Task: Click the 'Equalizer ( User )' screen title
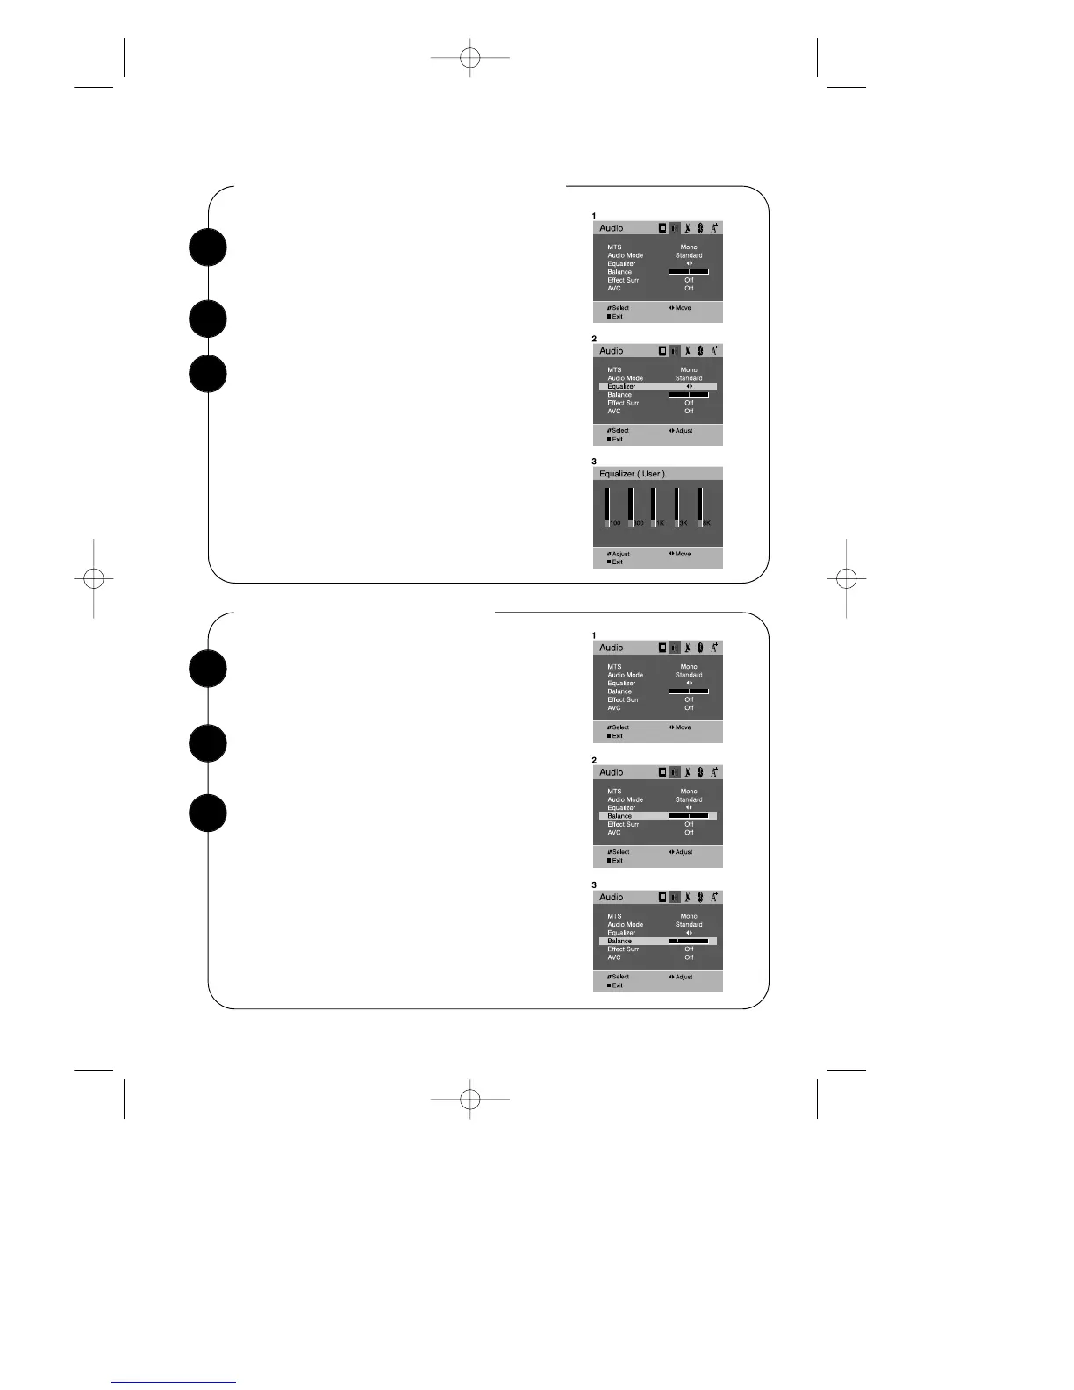(x=632, y=474)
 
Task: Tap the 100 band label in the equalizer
(x=615, y=523)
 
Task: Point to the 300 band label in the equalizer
(x=639, y=523)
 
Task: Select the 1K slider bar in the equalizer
(x=653, y=506)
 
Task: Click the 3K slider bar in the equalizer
(x=677, y=506)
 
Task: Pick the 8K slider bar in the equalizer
(x=700, y=506)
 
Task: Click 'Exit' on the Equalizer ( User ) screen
(x=617, y=562)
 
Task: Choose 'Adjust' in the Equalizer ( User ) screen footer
(x=620, y=554)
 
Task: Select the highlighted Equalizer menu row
(x=657, y=386)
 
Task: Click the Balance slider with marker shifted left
(x=689, y=941)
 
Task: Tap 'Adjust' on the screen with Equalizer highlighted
(x=684, y=431)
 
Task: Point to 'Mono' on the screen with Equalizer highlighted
(x=689, y=370)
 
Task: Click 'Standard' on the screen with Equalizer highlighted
(x=689, y=378)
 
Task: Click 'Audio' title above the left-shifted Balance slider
(x=612, y=898)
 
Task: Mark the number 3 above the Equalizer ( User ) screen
(x=594, y=462)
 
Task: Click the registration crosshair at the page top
(x=470, y=58)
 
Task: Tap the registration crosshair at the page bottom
(x=470, y=1098)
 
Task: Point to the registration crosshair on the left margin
(x=93, y=578)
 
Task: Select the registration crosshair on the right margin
(x=847, y=578)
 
